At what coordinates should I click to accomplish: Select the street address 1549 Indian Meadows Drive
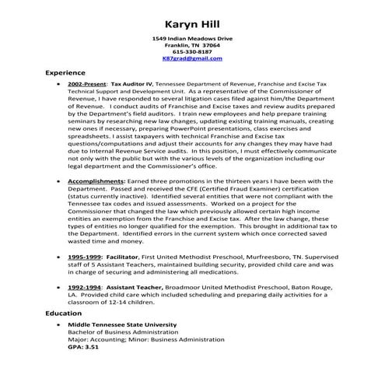tap(192, 38)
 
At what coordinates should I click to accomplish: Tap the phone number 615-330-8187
tap(192, 51)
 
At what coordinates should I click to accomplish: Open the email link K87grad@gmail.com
tap(192, 58)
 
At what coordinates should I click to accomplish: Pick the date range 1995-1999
tap(83, 256)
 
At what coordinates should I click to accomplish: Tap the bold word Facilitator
tap(124, 256)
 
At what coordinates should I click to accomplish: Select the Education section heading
tap(65, 313)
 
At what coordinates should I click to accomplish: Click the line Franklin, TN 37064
tap(192, 45)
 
